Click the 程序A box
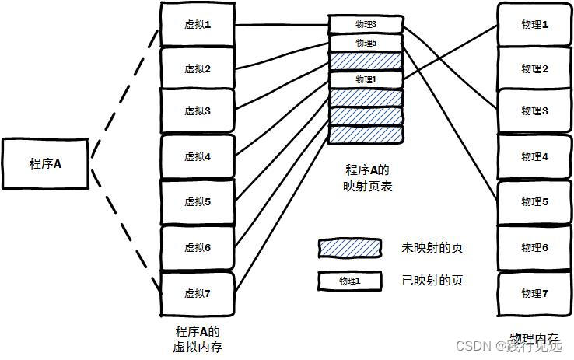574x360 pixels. click(45, 164)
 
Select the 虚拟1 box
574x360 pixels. click(197, 24)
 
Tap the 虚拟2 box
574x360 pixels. click(197, 68)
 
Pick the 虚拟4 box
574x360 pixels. click(197, 156)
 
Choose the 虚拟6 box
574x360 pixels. click(197, 247)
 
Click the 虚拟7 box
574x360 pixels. click(197, 292)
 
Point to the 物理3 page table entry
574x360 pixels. click(365, 24)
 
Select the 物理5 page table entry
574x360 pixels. click(365, 43)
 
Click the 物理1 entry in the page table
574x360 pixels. click(365, 79)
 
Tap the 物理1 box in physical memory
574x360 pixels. click(534, 24)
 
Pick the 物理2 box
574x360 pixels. click(534, 69)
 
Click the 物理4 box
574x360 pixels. click(534, 156)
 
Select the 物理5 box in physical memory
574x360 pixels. click(534, 202)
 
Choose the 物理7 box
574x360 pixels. click(534, 293)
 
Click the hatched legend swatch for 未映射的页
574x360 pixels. click(349, 248)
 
